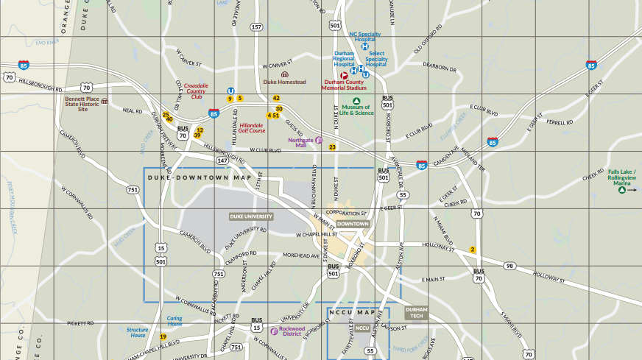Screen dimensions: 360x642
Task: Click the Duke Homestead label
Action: (284, 82)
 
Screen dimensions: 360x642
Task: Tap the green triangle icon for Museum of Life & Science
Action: (356, 101)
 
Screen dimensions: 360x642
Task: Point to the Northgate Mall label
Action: (300, 142)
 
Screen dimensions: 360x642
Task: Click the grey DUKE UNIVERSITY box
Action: (251, 216)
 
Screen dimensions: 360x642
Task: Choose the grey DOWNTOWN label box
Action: (353, 224)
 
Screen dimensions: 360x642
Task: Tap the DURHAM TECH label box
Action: (416, 311)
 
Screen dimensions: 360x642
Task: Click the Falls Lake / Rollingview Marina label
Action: (622, 175)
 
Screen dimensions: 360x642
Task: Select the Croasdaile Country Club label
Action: (196, 91)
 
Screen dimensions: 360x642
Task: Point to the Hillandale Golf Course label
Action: (252, 128)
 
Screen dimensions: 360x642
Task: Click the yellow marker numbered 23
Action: (332, 147)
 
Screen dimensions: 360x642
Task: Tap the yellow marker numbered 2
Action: (473, 250)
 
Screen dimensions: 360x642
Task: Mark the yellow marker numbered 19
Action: (163, 336)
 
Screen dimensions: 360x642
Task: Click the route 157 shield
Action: (256, 27)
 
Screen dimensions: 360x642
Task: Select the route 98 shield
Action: (509, 265)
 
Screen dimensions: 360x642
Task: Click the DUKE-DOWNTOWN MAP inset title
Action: (199, 177)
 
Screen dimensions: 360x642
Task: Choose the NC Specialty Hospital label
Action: (365, 37)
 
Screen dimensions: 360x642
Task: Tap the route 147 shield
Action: (222, 160)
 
